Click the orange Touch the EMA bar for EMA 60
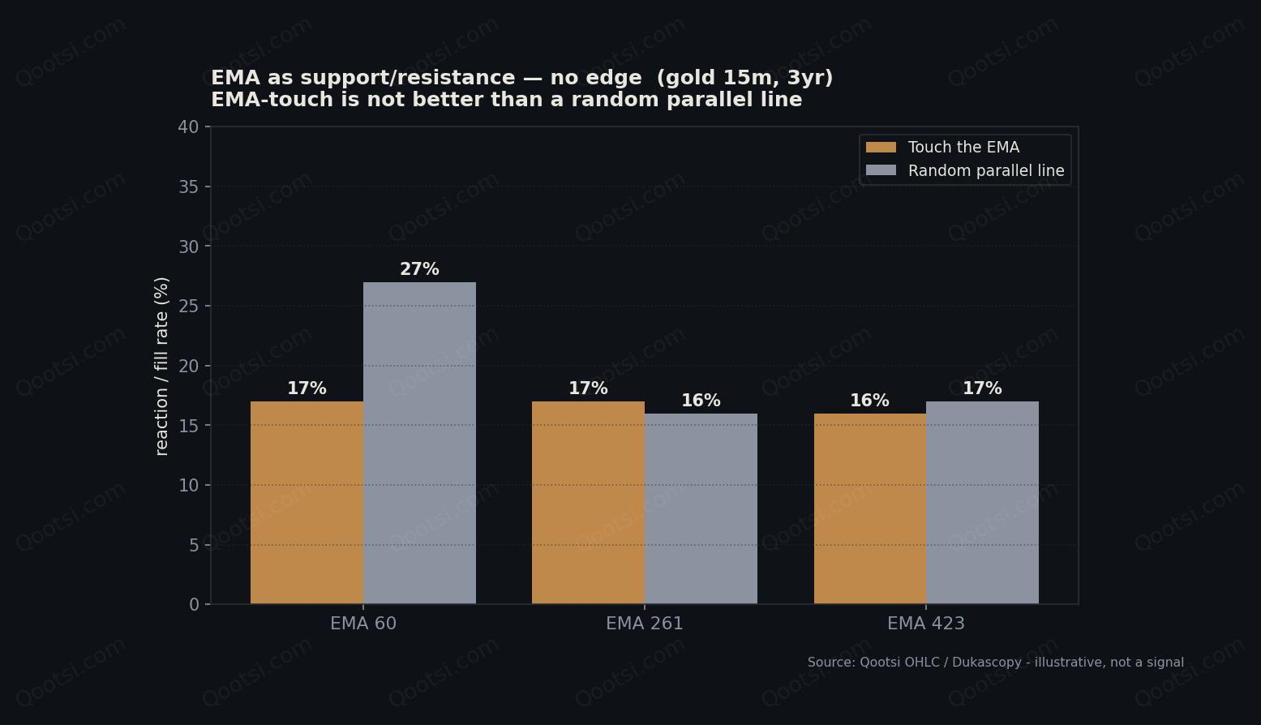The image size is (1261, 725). (307, 503)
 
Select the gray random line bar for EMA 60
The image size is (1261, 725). (419, 443)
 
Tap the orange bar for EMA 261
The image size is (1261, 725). (588, 503)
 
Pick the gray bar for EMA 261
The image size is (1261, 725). (701, 508)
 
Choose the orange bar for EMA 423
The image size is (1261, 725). (870, 508)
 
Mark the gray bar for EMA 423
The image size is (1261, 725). (982, 503)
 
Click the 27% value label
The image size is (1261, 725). (419, 269)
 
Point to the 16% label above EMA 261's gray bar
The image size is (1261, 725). (701, 401)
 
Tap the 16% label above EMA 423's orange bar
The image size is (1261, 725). (870, 401)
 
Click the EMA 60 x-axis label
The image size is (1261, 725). (363, 624)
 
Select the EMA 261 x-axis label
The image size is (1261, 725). (645, 624)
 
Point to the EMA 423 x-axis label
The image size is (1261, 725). (926, 624)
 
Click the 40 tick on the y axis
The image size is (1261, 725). (189, 127)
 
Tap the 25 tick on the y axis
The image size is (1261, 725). (189, 307)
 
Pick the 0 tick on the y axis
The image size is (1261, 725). (194, 604)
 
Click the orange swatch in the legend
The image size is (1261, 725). (881, 148)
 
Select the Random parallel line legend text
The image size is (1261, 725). (986, 170)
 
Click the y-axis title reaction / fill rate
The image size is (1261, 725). (161, 366)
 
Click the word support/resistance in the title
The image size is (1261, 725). (406, 78)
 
